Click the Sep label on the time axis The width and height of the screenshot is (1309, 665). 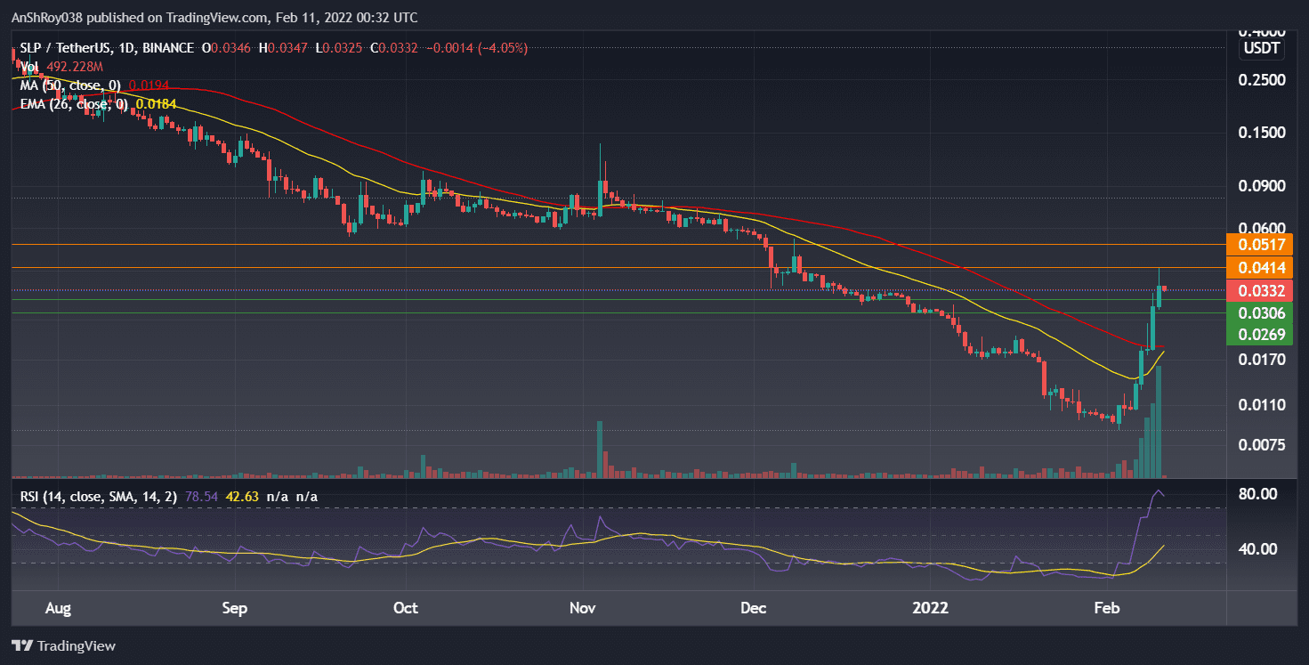tap(234, 609)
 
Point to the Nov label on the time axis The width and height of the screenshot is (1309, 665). tap(582, 609)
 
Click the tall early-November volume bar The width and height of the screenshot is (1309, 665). tap(601, 450)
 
